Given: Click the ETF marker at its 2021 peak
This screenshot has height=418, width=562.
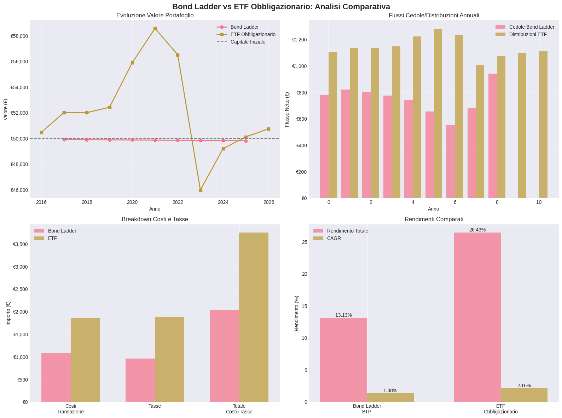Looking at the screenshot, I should (155, 28).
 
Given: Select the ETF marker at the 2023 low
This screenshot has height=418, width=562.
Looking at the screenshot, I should (201, 190).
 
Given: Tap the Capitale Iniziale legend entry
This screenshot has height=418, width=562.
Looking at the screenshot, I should (248, 42).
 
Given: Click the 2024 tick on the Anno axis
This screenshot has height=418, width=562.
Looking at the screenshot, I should (223, 202).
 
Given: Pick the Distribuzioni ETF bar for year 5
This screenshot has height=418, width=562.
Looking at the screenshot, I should (438, 113).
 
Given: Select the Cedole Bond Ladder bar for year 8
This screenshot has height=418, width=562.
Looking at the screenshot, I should (493, 136).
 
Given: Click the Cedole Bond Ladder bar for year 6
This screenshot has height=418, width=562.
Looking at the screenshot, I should (451, 162).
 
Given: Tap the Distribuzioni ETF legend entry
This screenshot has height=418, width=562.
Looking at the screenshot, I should (528, 34).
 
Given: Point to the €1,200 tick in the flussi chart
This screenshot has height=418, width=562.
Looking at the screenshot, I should (299, 40).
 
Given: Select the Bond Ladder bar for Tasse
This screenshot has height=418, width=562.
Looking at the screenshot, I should (140, 380).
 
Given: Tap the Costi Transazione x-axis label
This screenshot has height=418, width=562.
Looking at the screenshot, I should (71, 409).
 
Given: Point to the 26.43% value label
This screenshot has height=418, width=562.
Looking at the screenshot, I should (477, 230).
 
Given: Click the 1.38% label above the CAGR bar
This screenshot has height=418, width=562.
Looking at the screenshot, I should (390, 390).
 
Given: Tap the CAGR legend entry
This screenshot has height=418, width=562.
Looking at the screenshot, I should (334, 238).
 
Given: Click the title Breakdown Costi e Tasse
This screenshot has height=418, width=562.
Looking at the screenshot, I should (155, 219).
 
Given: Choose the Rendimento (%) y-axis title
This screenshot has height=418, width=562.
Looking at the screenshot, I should (296, 313).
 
